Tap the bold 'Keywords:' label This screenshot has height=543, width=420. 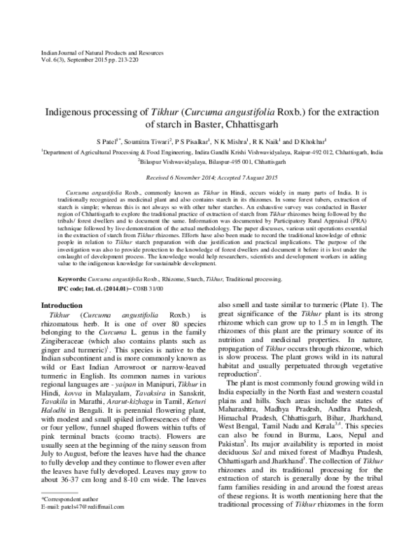pos(73,278)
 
